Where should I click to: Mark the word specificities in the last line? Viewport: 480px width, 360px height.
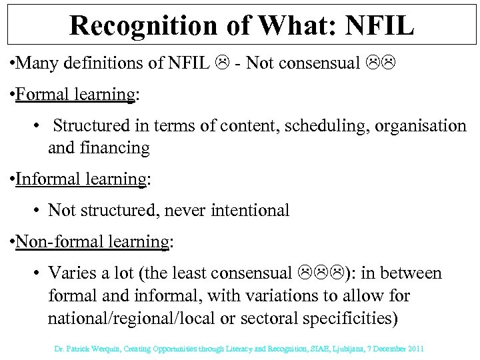point(352,317)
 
